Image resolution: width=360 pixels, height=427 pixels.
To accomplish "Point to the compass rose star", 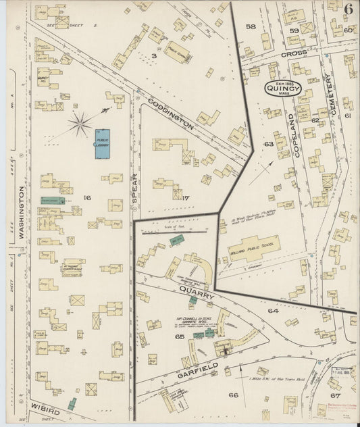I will tap(81, 124).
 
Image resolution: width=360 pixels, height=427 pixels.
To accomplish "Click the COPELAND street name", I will tap(297, 136).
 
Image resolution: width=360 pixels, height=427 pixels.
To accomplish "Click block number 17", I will tap(186, 198).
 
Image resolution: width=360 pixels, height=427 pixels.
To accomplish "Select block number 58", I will tap(250, 27).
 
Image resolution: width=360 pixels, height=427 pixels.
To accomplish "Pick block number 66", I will tap(234, 395).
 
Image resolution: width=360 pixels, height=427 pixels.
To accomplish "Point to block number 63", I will tap(268, 144).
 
